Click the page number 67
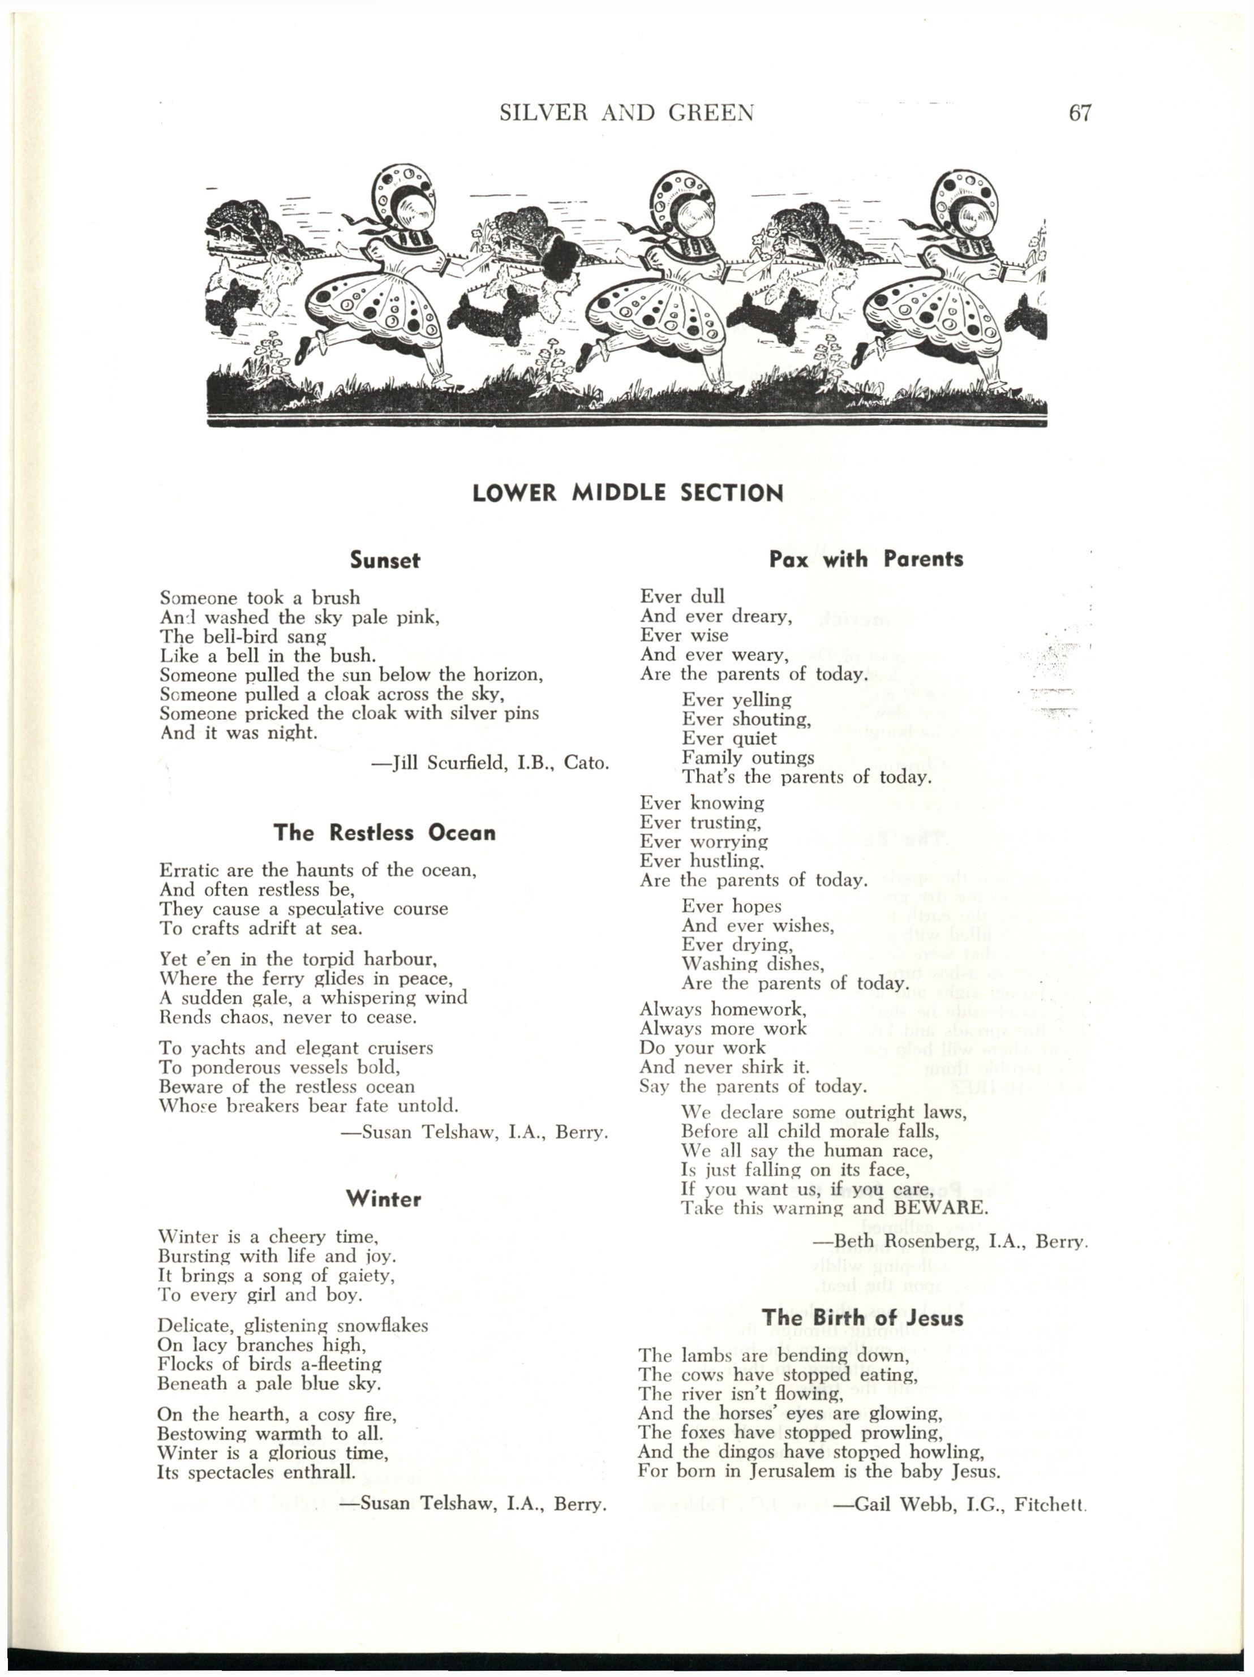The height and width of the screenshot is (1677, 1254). (x=1079, y=113)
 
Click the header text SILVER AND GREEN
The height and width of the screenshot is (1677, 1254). (x=627, y=113)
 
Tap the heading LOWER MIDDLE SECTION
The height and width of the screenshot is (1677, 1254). (x=627, y=493)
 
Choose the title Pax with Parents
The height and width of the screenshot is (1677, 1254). (x=866, y=560)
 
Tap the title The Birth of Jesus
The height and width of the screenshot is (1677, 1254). (x=863, y=1317)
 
